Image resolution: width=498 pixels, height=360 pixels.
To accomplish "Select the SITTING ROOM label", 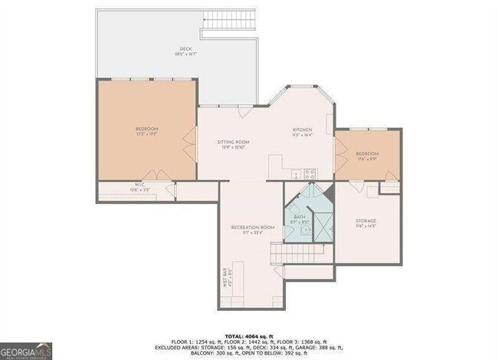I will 234,142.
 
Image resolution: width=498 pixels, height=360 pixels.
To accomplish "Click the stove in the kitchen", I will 310,173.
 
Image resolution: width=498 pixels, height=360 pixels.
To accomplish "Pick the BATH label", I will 300,217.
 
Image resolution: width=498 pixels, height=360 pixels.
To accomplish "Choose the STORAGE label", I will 365,221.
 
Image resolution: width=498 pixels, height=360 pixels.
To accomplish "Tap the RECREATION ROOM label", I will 253,227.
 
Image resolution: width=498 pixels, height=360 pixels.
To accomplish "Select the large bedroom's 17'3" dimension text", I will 147,133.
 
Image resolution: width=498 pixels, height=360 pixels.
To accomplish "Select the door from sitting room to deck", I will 244,113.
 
